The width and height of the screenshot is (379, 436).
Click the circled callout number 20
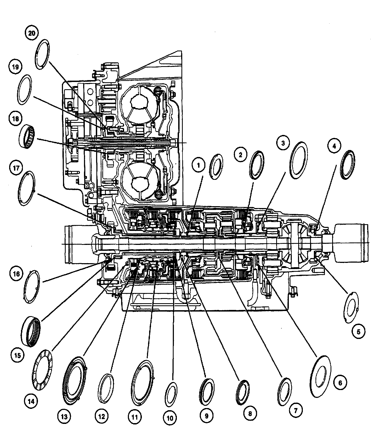[32, 33]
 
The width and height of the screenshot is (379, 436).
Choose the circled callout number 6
[340, 383]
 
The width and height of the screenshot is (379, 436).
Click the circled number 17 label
[16, 168]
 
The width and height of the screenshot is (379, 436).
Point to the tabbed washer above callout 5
[351, 307]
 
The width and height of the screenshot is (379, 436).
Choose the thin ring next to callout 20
[42, 54]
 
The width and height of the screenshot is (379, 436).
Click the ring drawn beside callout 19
[24, 90]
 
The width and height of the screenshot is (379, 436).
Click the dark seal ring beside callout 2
[257, 165]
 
